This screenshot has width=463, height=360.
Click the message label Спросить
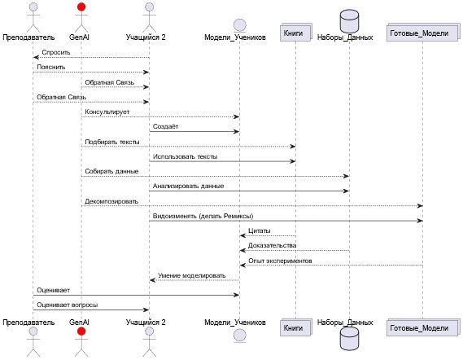coord(56,52)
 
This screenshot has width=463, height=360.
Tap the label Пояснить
coord(51,67)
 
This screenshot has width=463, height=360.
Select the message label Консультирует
coord(107,112)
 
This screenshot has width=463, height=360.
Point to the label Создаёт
coord(166,126)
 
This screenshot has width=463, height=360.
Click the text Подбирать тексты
coord(112,142)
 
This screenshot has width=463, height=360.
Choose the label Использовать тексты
coord(186,156)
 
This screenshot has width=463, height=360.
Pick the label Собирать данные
coord(111,171)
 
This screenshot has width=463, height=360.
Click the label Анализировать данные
coord(189,187)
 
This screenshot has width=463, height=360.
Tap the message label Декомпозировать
coord(111,201)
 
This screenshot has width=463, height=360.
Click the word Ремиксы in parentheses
coord(238,216)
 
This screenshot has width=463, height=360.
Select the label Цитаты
coord(260,230)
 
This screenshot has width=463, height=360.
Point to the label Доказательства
coord(273,246)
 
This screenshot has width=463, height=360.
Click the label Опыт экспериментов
coord(280,261)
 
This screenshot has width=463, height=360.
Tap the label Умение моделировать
coord(192,275)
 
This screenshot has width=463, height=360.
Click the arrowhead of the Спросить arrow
coord(36,57)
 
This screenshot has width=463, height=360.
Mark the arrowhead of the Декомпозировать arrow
coord(420,206)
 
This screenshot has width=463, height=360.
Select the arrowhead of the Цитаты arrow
coord(242,235)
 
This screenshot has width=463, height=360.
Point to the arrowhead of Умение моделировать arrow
coord(152,280)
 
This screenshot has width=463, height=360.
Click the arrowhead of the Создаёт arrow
coord(237,131)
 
